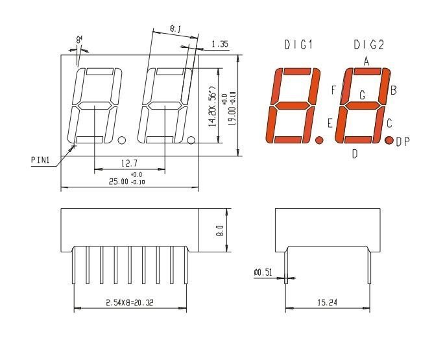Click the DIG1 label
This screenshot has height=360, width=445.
[x=298, y=45]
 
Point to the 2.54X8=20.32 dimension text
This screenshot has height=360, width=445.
[x=130, y=302]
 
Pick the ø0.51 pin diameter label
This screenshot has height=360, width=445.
[x=263, y=272]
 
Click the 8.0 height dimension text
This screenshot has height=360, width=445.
[x=221, y=231]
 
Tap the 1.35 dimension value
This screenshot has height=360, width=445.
[x=220, y=45]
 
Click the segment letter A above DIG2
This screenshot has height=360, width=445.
[x=366, y=62]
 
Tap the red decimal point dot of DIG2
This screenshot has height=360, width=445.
[x=389, y=140]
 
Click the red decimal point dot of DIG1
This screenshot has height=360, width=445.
[x=319, y=139]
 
